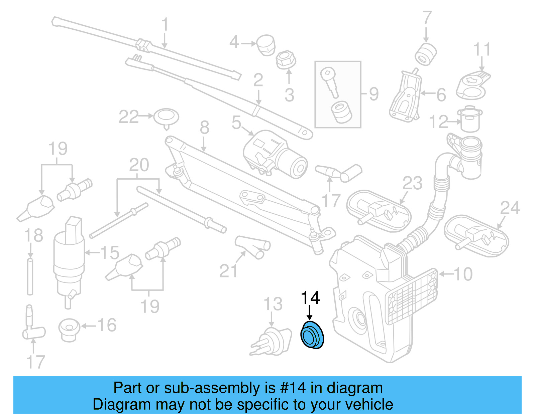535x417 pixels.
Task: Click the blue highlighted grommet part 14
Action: (312, 335)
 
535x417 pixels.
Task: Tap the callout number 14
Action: (310, 297)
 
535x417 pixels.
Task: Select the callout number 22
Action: (128, 117)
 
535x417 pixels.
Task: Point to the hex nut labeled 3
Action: (286, 60)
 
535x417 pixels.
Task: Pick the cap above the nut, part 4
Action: (266, 45)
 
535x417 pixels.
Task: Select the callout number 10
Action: (463, 274)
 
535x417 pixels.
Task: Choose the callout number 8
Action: (204, 128)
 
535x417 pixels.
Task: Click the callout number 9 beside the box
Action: (374, 94)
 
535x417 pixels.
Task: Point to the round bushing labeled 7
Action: (425, 54)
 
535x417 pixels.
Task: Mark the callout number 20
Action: (139, 165)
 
